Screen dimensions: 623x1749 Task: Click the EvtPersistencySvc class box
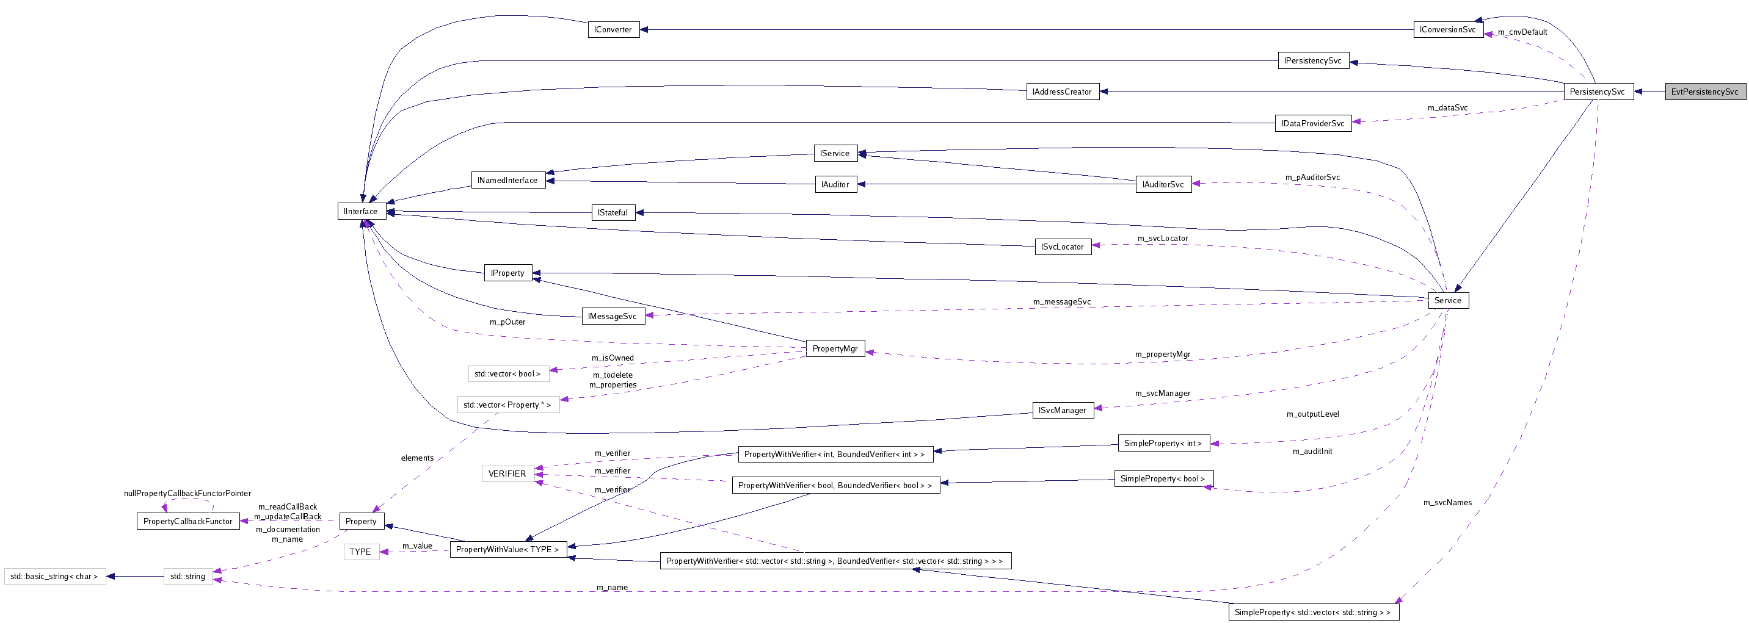point(1704,92)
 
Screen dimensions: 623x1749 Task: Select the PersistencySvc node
point(1598,92)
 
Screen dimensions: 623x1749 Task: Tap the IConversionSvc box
point(1447,30)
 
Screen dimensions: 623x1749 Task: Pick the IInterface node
point(361,211)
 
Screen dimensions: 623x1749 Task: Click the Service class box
point(1447,301)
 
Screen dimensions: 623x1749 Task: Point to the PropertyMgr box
point(834,349)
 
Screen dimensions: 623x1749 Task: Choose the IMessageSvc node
point(613,316)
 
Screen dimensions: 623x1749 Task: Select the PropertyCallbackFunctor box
point(188,521)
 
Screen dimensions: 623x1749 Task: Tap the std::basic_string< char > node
point(54,576)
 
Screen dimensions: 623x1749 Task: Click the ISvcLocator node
point(1062,247)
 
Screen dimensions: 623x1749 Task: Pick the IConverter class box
point(613,30)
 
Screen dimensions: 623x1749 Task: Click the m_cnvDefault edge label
point(1522,32)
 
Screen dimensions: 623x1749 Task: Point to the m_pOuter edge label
point(507,322)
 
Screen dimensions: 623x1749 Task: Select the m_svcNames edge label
point(1447,502)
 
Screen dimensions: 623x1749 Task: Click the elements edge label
point(417,458)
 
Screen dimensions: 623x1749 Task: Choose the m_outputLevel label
point(1312,414)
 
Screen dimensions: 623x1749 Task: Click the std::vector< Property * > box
point(508,405)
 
